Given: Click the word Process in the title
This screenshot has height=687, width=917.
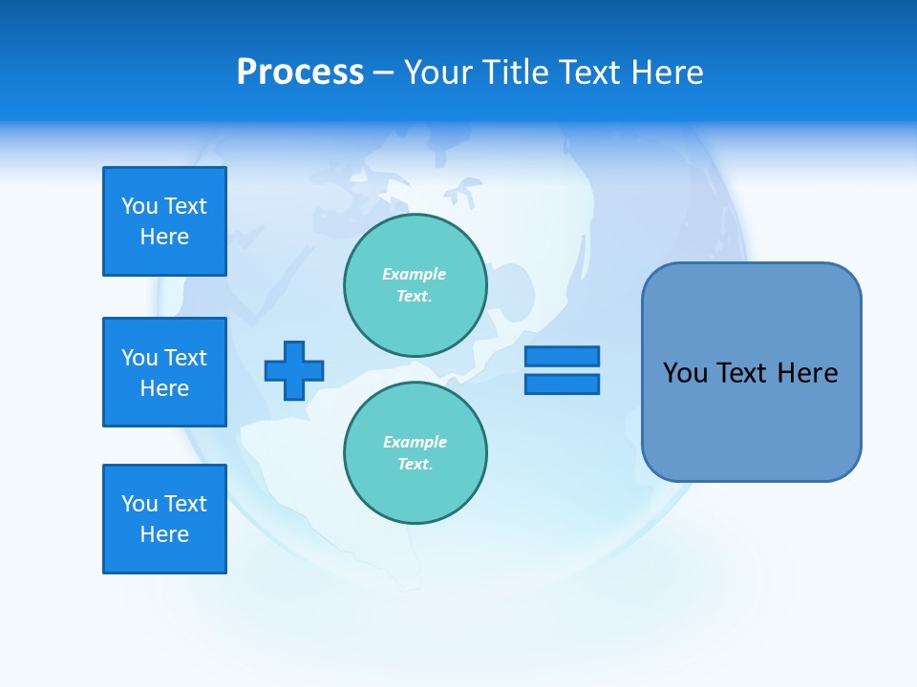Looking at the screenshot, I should [x=300, y=73].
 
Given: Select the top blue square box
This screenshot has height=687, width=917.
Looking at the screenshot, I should [x=164, y=221].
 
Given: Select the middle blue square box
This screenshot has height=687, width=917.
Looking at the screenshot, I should [x=164, y=372].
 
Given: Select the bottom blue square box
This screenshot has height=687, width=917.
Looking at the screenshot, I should [x=164, y=519].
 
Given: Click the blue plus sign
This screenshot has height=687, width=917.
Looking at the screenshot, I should [x=294, y=370].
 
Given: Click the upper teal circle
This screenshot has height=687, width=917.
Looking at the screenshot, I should [x=416, y=285].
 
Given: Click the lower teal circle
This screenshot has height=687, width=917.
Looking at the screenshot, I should [x=416, y=453].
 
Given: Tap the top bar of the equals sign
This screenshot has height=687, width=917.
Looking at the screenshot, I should [x=562, y=356].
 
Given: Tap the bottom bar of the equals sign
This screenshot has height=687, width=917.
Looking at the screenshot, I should [x=562, y=384].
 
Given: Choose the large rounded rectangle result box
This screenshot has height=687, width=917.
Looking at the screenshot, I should [x=751, y=420].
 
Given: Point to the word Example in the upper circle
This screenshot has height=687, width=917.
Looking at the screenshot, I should [x=415, y=274].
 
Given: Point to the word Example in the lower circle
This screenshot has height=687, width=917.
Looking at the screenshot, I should [x=415, y=442].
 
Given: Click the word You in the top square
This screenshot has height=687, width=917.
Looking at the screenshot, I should [x=139, y=206].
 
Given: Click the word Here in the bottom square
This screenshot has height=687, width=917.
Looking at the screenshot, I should [x=164, y=534].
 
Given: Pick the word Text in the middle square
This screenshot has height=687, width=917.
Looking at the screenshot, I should [x=185, y=358].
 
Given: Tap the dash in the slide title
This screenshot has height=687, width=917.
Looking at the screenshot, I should [x=383, y=73].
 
